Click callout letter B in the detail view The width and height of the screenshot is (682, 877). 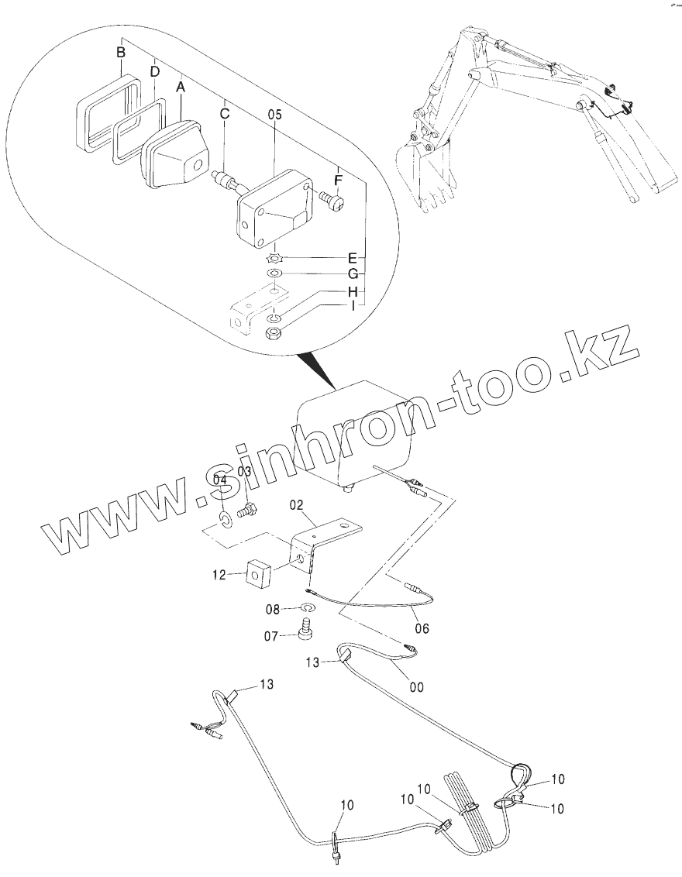click(120, 53)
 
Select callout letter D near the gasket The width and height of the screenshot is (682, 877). click(155, 71)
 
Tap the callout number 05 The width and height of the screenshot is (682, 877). click(274, 114)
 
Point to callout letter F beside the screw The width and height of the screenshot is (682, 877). click(338, 180)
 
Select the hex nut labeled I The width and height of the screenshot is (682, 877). click(273, 333)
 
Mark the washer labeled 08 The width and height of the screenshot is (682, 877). click(308, 608)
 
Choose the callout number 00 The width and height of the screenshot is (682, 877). click(416, 686)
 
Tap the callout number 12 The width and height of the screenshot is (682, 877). click(219, 575)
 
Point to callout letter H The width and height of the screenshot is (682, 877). click(352, 291)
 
